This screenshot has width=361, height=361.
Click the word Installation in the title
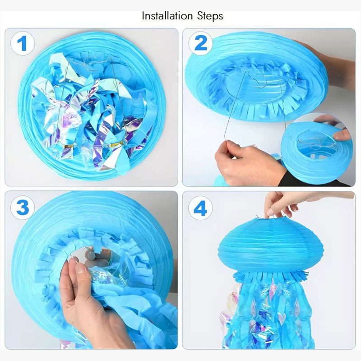coord(167,16)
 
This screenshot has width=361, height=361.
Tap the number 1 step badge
coord(22,43)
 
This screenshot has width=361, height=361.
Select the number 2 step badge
coord(200,43)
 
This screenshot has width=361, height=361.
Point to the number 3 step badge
coord(22,208)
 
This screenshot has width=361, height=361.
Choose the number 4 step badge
coord(200,208)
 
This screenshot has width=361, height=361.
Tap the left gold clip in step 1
coord(69,146)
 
